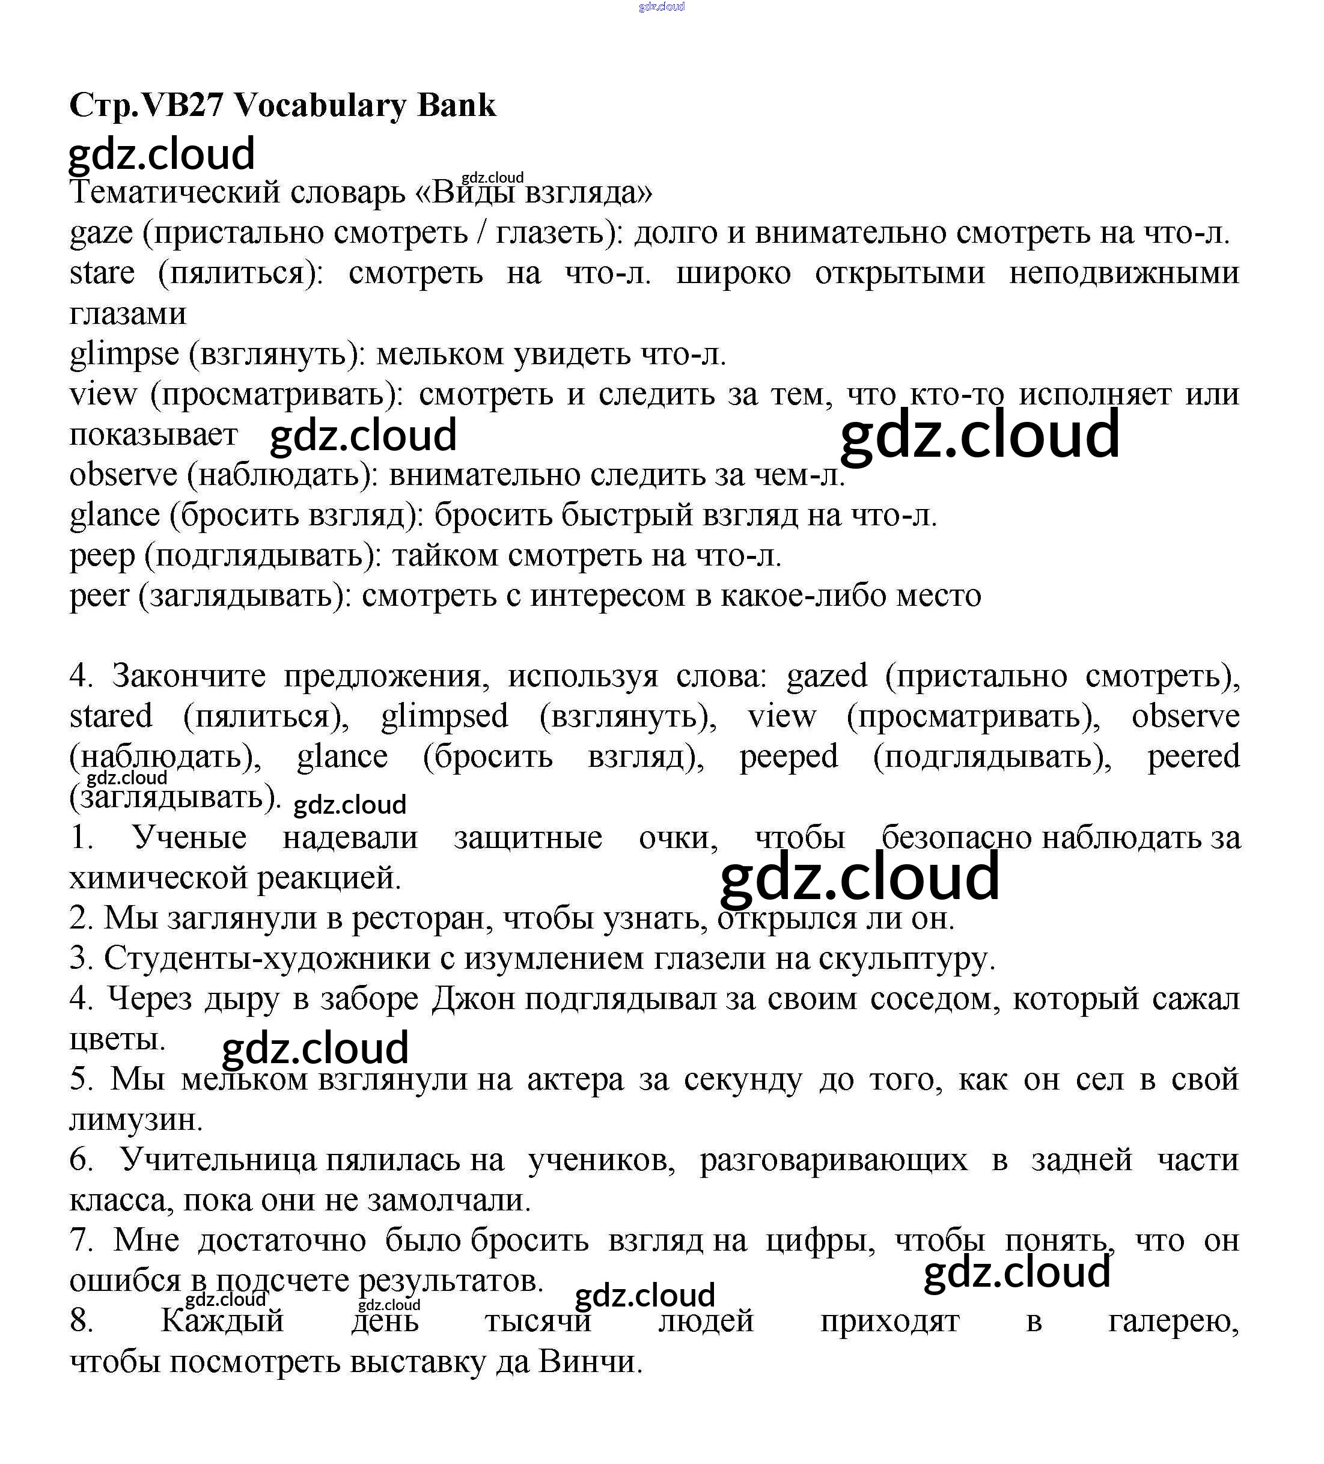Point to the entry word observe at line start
click(123, 475)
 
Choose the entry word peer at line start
click(100, 596)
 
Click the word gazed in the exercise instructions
click(827, 676)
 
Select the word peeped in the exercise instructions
click(788, 757)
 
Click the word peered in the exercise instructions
click(1193, 757)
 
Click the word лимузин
click(136, 1120)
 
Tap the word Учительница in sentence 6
click(218, 1160)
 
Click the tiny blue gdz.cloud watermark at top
click(662, 7)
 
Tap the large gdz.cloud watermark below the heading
click(161, 153)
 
